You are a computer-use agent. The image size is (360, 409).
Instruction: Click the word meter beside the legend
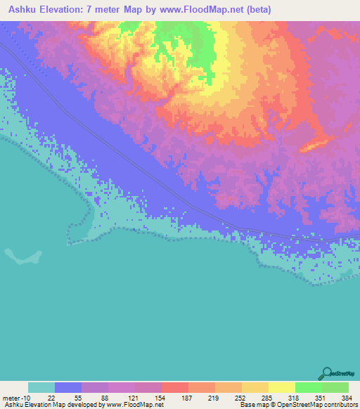pos(11,398)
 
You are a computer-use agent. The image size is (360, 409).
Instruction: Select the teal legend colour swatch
pos(41,387)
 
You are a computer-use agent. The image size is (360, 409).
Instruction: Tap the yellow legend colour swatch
pos(282,387)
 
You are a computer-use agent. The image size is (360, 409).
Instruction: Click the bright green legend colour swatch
pos(309,387)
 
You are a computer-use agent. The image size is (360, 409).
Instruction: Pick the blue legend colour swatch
pos(68,387)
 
